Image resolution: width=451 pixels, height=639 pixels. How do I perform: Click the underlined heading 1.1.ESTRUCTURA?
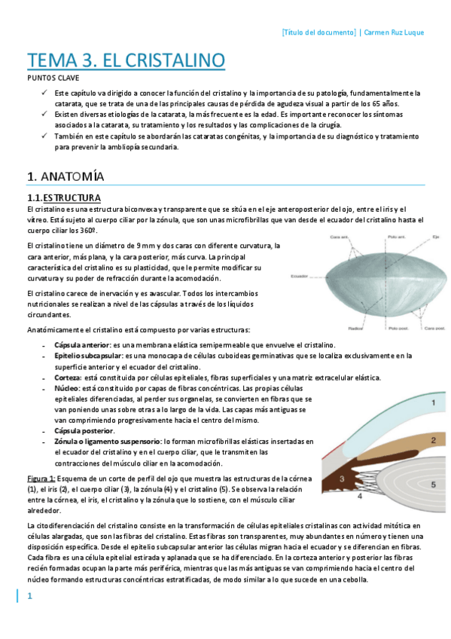64,197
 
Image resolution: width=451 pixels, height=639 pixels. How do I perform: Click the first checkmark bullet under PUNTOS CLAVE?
44,93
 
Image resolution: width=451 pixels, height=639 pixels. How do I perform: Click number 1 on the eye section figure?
434,404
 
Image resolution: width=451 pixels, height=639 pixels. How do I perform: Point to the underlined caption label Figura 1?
41,478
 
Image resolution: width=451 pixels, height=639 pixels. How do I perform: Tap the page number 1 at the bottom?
30,597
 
